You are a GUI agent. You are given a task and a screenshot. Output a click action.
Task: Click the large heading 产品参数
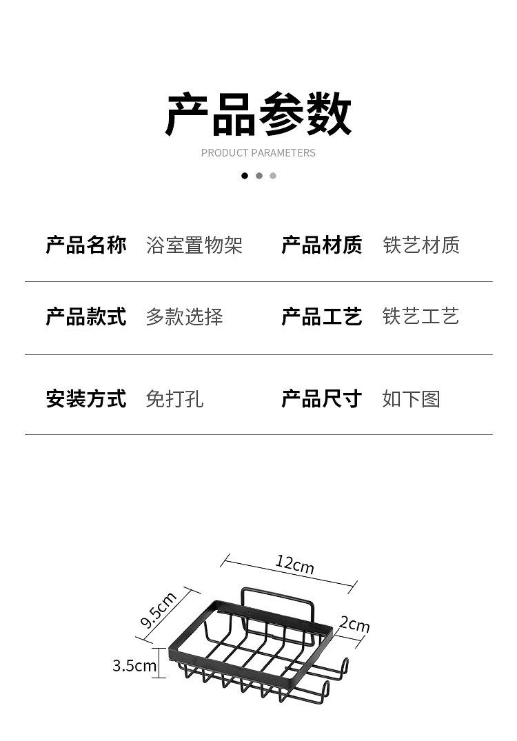coord(258,114)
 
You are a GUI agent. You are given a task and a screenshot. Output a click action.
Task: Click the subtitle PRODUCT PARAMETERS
coord(258,153)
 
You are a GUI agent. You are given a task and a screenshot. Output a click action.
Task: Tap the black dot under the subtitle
coord(245,176)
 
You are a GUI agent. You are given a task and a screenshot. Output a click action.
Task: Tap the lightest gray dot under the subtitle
coord(273,176)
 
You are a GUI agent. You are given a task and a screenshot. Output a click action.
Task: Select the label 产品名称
coord(86,245)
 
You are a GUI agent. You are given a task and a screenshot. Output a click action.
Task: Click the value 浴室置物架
coord(194,245)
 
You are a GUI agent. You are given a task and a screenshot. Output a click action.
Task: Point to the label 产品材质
coord(322,245)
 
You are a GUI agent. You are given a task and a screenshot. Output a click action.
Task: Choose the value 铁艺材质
coord(421,245)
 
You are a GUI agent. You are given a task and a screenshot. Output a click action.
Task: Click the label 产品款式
coord(86,317)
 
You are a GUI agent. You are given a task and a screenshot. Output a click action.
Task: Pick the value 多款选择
coord(184,317)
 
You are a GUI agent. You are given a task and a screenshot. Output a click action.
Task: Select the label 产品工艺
coord(322,317)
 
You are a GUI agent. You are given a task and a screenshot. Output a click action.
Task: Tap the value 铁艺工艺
coord(421,317)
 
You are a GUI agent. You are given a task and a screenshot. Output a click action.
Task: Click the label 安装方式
coord(86,398)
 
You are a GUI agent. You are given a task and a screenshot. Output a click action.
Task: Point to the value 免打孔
coord(174,399)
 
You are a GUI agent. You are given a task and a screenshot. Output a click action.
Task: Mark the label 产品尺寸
coord(322,398)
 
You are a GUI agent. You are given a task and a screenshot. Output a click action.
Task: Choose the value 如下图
coord(412,399)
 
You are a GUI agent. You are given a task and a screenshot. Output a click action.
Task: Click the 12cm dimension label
coord(295,565)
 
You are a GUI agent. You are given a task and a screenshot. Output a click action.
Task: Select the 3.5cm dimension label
coord(134,666)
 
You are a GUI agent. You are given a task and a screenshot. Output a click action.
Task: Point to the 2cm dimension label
coord(354,625)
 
